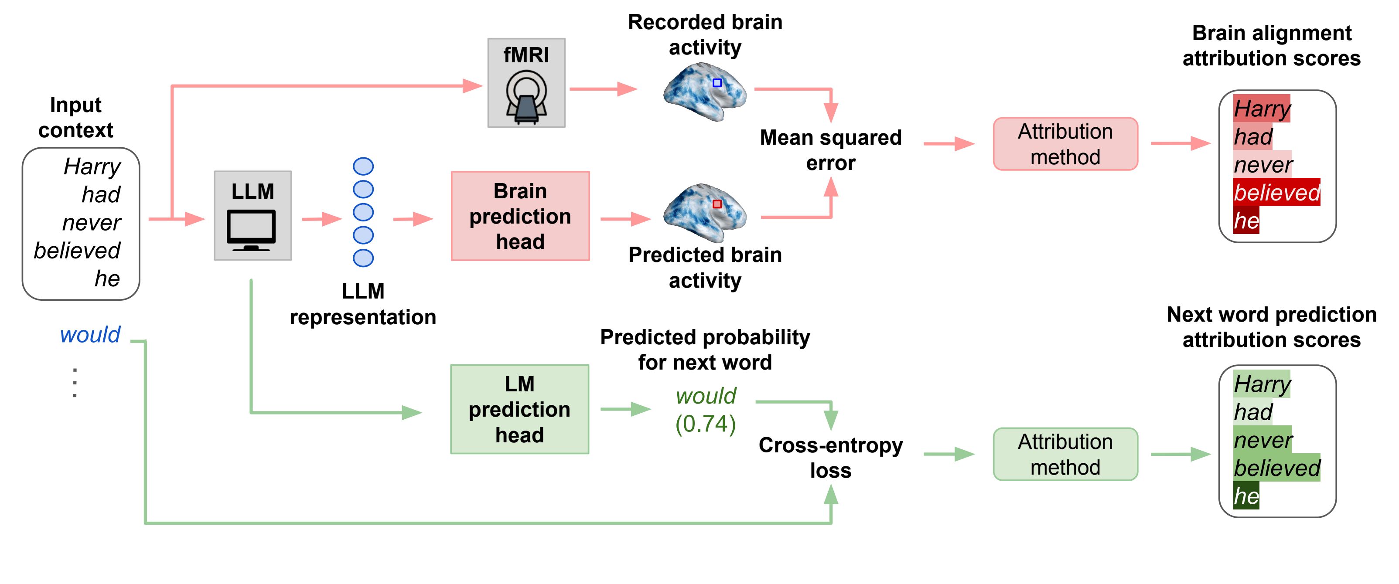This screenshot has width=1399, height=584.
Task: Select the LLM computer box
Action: [x=253, y=215]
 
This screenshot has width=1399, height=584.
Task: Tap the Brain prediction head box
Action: [x=520, y=216]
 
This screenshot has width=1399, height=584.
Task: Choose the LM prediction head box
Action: [x=519, y=409]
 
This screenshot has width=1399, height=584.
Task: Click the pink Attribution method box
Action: [x=1065, y=144]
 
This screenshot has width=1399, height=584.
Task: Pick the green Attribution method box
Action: [x=1065, y=454]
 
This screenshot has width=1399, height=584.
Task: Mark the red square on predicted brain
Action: [x=717, y=204]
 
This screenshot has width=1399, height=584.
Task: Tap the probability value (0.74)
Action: [x=705, y=424]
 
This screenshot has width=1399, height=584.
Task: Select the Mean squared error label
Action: [x=830, y=150]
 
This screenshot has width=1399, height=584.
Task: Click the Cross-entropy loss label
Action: [x=830, y=457]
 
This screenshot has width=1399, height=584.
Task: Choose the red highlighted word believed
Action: [x=1276, y=192]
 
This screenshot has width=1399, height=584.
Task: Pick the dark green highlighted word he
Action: [x=1246, y=496]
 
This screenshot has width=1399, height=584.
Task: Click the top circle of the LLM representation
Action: [x=363, y=166]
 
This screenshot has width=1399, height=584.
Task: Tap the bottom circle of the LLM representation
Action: [x=363, y=258]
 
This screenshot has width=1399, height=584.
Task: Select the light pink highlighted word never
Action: [x=1262, y=164]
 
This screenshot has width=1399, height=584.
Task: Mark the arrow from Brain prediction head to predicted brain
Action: [x=626, y=219]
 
